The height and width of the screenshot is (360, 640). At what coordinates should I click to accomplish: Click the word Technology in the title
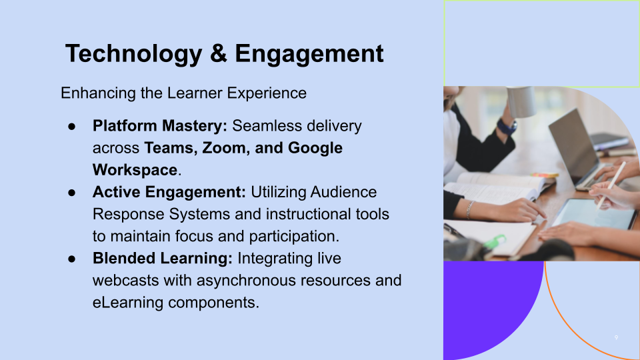pos(132,53)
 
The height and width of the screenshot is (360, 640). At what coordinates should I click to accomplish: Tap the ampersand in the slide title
pos(218,53)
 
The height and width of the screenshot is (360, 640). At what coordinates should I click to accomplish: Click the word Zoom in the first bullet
pos(223,148)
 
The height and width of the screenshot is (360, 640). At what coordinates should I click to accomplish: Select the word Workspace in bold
pos(135,170)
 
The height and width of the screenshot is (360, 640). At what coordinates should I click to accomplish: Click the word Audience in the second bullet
pos(345,192)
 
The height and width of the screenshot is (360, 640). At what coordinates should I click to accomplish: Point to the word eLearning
pos(127,302)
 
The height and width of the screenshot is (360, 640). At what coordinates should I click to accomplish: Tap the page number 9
pos(616,338)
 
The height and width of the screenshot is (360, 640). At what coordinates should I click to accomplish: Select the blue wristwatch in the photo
pos(507,126)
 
